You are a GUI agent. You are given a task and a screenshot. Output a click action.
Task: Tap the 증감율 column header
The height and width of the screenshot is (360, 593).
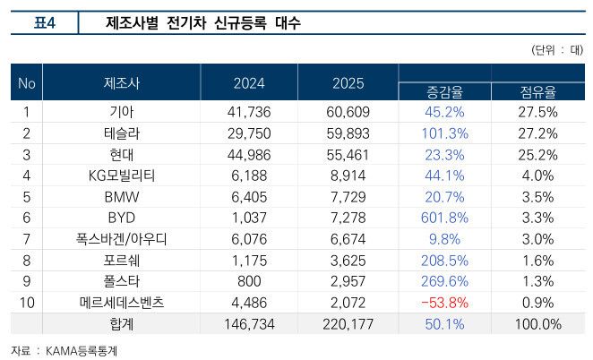pos(443,91)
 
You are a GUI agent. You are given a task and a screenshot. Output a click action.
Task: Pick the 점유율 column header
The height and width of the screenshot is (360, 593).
pos(537,91)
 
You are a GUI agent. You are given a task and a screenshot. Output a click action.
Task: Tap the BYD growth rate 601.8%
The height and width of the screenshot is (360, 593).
pos(443,217)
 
